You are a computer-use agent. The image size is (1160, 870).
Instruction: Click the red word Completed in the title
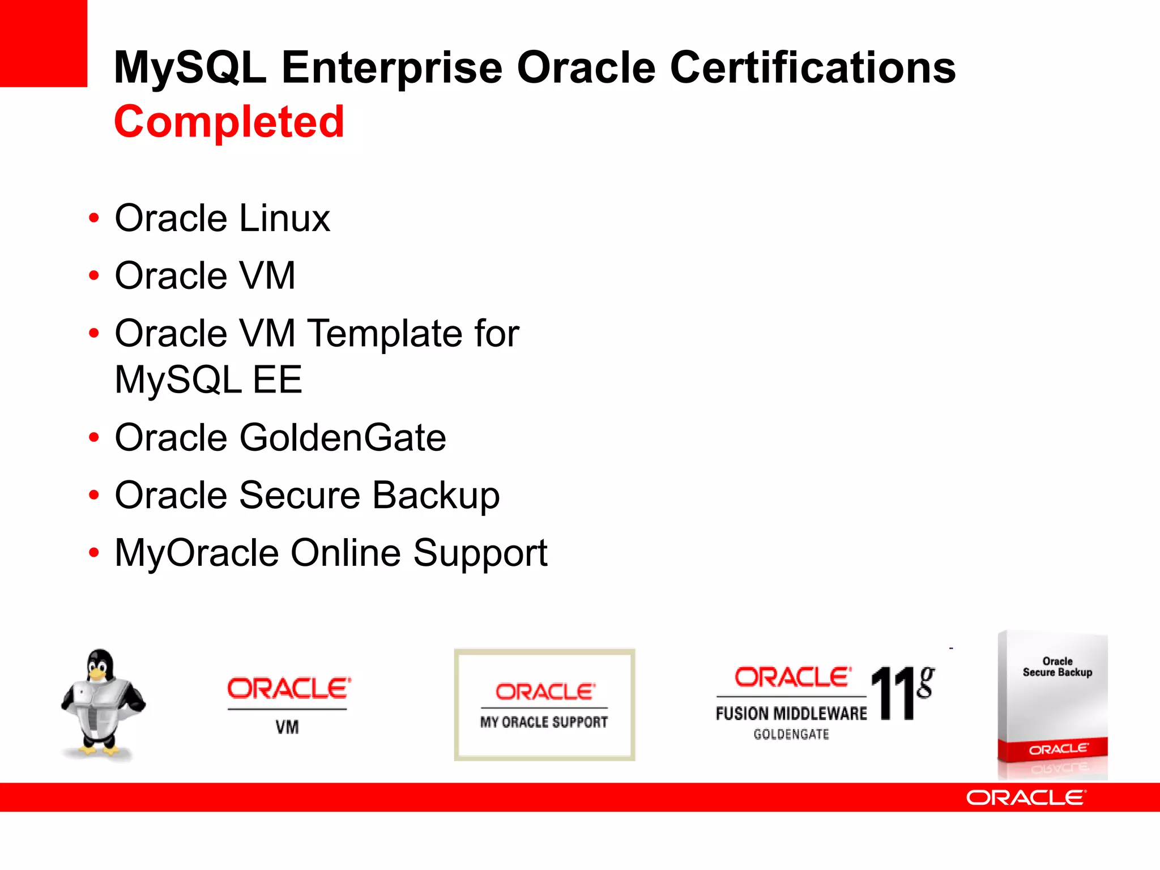click(229, 122)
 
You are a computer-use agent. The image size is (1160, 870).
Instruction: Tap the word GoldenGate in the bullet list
click(343, 438)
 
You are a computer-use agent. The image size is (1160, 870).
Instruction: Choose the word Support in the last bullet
click(480, 553)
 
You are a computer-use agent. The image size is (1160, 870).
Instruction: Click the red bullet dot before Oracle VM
click(94, 276)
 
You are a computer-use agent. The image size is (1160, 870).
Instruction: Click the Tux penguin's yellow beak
click(97, 675)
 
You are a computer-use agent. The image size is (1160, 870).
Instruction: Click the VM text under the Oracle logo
click(287, 727)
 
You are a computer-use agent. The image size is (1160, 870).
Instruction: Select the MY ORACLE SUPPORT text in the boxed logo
click(544, 722)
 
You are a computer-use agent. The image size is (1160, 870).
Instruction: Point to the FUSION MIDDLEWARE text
click(791, 714)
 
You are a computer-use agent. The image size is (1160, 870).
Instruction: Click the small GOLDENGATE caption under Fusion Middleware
click(791, 735)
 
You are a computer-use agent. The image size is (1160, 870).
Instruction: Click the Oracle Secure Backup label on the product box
click(1057, 667)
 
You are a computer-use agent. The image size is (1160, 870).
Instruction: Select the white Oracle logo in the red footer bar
click(1026, 797)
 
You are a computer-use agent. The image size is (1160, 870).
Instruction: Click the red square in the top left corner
click(43, 43)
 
